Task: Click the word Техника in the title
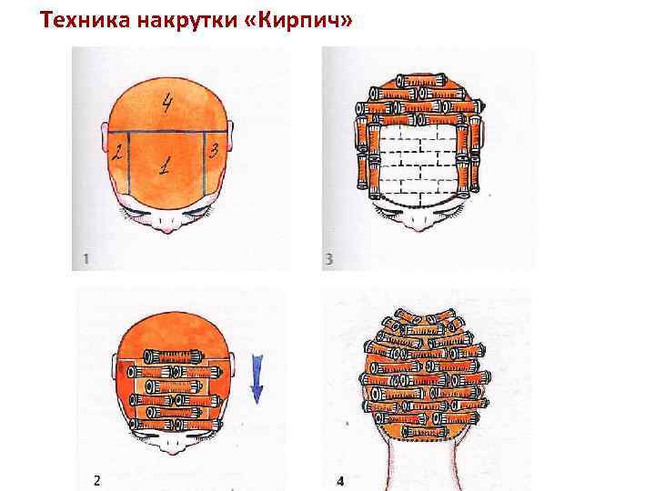click(85, 20)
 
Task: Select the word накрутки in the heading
click(186, 21)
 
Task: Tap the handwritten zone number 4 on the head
click(167, 103)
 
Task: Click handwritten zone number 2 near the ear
click(117, 152)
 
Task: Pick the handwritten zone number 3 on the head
click(214, 150)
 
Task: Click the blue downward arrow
click(257, 379)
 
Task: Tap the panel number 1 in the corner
click(86, 259)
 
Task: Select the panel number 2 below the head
click(97, 481)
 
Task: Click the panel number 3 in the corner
click(329, 259)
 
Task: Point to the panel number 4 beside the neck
click(340, 481)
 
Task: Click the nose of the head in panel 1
click(168, 227)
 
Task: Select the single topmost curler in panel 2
click(174, 357)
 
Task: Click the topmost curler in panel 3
click(421, 80)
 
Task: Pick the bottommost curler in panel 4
click(424, 431)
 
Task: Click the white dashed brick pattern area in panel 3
click(418, 165)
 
